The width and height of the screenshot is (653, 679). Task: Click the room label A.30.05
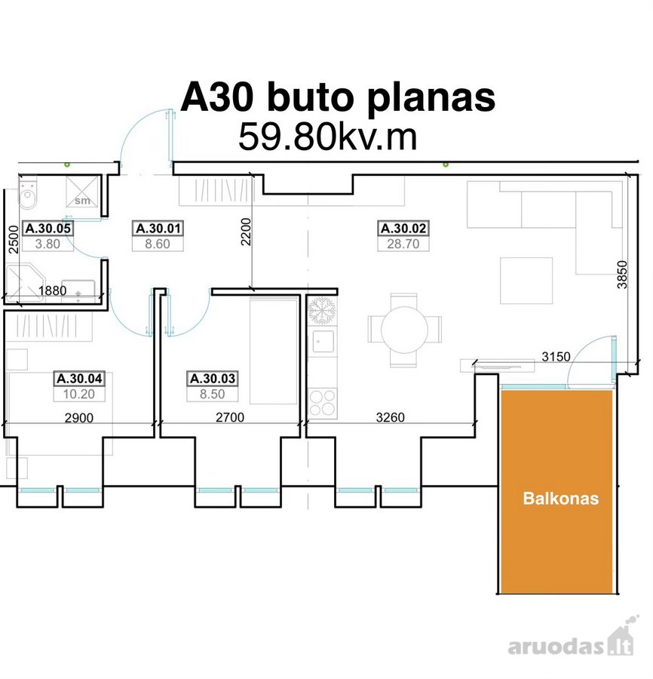48,228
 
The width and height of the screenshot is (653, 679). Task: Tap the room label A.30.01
158,228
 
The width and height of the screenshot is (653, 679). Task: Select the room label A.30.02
403,228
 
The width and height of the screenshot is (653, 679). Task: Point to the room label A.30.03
213,379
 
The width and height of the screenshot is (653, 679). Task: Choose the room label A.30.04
79,379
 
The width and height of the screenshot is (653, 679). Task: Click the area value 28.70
403,244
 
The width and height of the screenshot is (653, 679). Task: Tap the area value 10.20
78,394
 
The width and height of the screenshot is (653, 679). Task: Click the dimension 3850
622,275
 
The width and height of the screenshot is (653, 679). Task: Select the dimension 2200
246,232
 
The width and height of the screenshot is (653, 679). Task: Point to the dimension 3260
391,417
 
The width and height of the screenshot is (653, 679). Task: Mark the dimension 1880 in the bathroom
52,290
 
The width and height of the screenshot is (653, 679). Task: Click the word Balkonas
561,499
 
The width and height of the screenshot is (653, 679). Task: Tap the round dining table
404,330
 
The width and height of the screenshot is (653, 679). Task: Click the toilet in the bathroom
29,195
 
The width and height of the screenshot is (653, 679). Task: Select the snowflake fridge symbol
322,310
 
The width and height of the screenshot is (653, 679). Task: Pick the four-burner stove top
323,403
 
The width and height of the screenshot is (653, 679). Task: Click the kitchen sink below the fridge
323,342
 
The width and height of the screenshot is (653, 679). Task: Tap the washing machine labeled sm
82,192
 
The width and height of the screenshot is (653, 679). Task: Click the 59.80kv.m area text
327,137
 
